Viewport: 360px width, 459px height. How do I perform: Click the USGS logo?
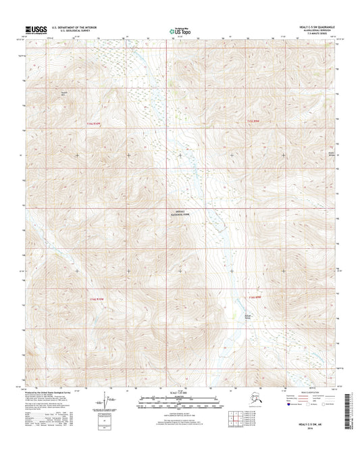[x=36, y=30]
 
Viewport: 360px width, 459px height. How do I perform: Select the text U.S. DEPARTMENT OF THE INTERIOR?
[x=80, y=27]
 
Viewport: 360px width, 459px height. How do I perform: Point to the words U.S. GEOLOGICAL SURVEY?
[x=74, y=31]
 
